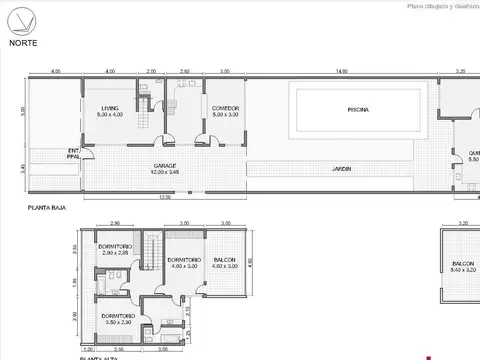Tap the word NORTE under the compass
point(24,43)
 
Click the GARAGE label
point(166,166)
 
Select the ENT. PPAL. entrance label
point(73,153)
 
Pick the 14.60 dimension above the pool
point(342,72)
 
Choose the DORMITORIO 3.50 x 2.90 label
point(117,319)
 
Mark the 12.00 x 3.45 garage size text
point(166,172)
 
